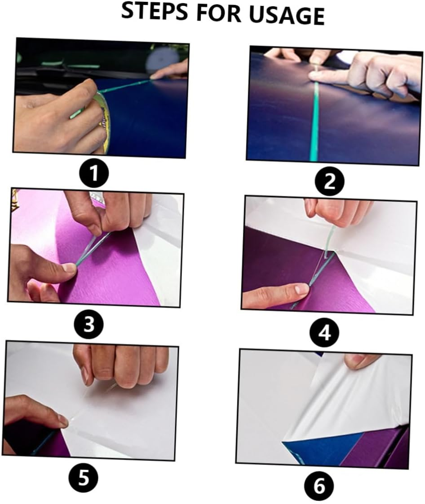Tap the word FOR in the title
click(x=217, y=14)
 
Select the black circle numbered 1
click(x=93, y=174)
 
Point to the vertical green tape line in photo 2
click(x=314, y=121)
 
